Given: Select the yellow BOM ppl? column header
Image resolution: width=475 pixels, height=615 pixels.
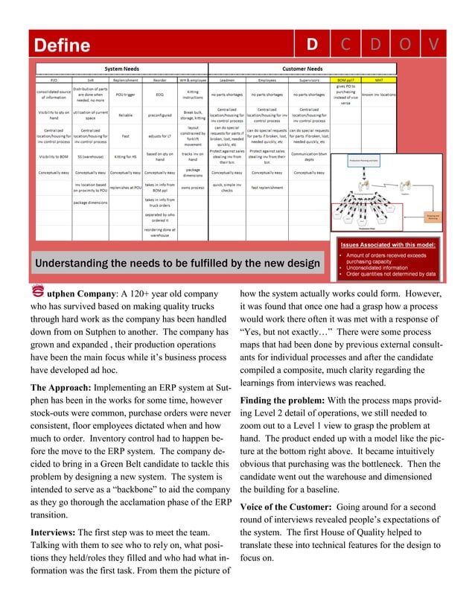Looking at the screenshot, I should click(x=345, y=77).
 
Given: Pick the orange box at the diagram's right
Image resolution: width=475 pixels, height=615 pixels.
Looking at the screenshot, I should click(x=433, y=217).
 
